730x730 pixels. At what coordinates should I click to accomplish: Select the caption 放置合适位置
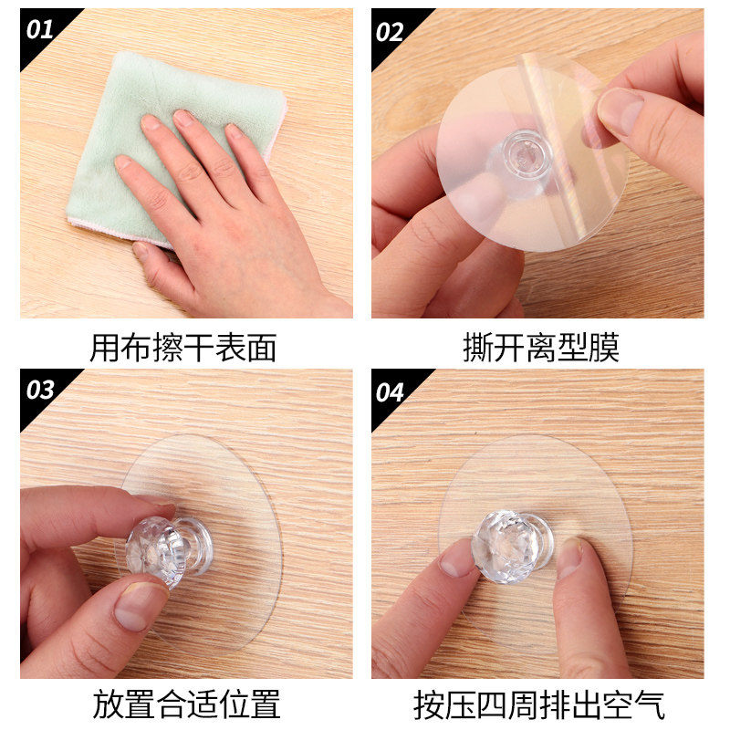tap(186, 704)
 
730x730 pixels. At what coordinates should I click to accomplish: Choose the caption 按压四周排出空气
tap(539, 704)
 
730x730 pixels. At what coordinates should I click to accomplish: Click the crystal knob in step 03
tap(150, 546)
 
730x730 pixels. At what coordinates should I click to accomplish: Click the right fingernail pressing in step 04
tap(569, 557)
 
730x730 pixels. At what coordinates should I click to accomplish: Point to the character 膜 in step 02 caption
tap(602, 349)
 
